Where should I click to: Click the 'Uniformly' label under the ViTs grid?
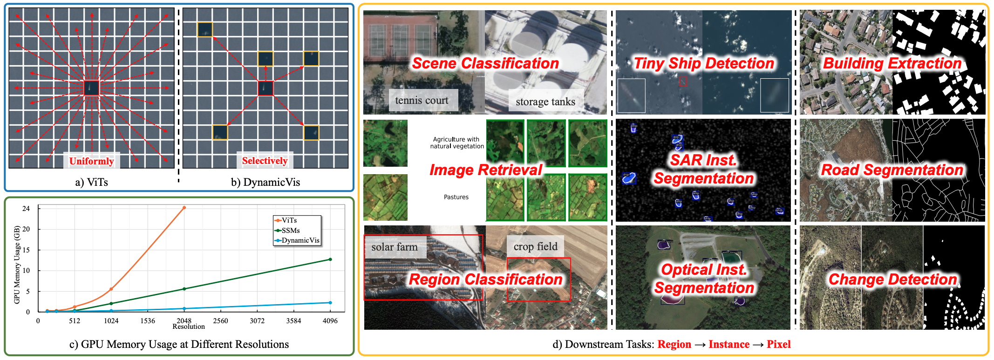pyautogui.click(x=91, y=161)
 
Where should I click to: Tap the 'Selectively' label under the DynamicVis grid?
pyautogui.click(x=265, y=161)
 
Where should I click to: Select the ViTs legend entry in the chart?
pyautogui.click(x=289, y=220)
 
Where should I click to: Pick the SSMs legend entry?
pyautogui.click(x=290, y=231)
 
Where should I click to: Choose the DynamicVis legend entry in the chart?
pyautogui.click(x=300, y=240)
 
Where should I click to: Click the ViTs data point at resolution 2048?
pyautogui.click(x=184, y=208)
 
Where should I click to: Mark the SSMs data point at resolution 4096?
pyautogui.click(x=330, y=259)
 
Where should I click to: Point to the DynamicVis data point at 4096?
pyautogui.click(x=330, y=303)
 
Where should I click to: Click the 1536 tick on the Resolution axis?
pyautogui.click(x=148, y=321)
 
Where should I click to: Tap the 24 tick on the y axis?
pyautogui.click(x=26, y=209)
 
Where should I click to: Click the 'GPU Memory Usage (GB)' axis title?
pyautogui.click(x=17, y=265)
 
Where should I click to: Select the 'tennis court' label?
pyautogui.click(x=422, y=101)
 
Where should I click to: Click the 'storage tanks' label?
pyautogui.click(x=545, y=102)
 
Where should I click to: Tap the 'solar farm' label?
pyautogui.click(x=395, y=247)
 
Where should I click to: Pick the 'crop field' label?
pyautogui.click(x=535, y=246)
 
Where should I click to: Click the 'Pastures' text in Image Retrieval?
pyautogui.click(x=456, y=197)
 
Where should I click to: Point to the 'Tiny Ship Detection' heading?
pyautogui.click(x=704, y=63)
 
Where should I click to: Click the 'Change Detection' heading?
pyautogui.click(x=892, y=279)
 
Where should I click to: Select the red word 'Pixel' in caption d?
pyautogui.click(x=779, y=345)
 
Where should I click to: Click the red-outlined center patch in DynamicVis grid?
pyautogui.click(x=266, y=88)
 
